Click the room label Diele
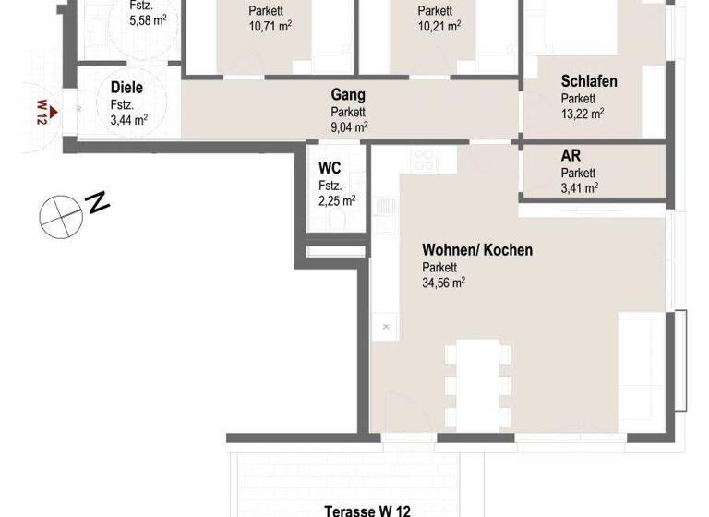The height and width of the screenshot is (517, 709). [126, 88]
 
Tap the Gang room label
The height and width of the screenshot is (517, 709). [349, 95]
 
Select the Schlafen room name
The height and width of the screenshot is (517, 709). [589, 81]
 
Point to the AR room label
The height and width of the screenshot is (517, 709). [571, 155]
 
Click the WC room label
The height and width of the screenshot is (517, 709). [330, 168]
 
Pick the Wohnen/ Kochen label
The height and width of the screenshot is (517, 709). [476, 249]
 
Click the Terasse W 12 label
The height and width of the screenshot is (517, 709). [367, 509]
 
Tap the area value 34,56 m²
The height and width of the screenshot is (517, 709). [444, 283]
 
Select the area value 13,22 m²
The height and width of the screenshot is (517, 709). [583, 114]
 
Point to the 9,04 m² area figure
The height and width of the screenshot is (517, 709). [349, 127]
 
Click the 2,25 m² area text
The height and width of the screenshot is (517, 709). [337, 199]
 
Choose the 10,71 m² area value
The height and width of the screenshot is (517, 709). [270, 27]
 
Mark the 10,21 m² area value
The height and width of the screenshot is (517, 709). [439, 27]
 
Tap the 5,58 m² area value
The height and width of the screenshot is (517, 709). [148, 20]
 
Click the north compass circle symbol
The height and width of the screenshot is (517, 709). [59, 213]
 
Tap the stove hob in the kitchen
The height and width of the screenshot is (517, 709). [425, 159]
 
